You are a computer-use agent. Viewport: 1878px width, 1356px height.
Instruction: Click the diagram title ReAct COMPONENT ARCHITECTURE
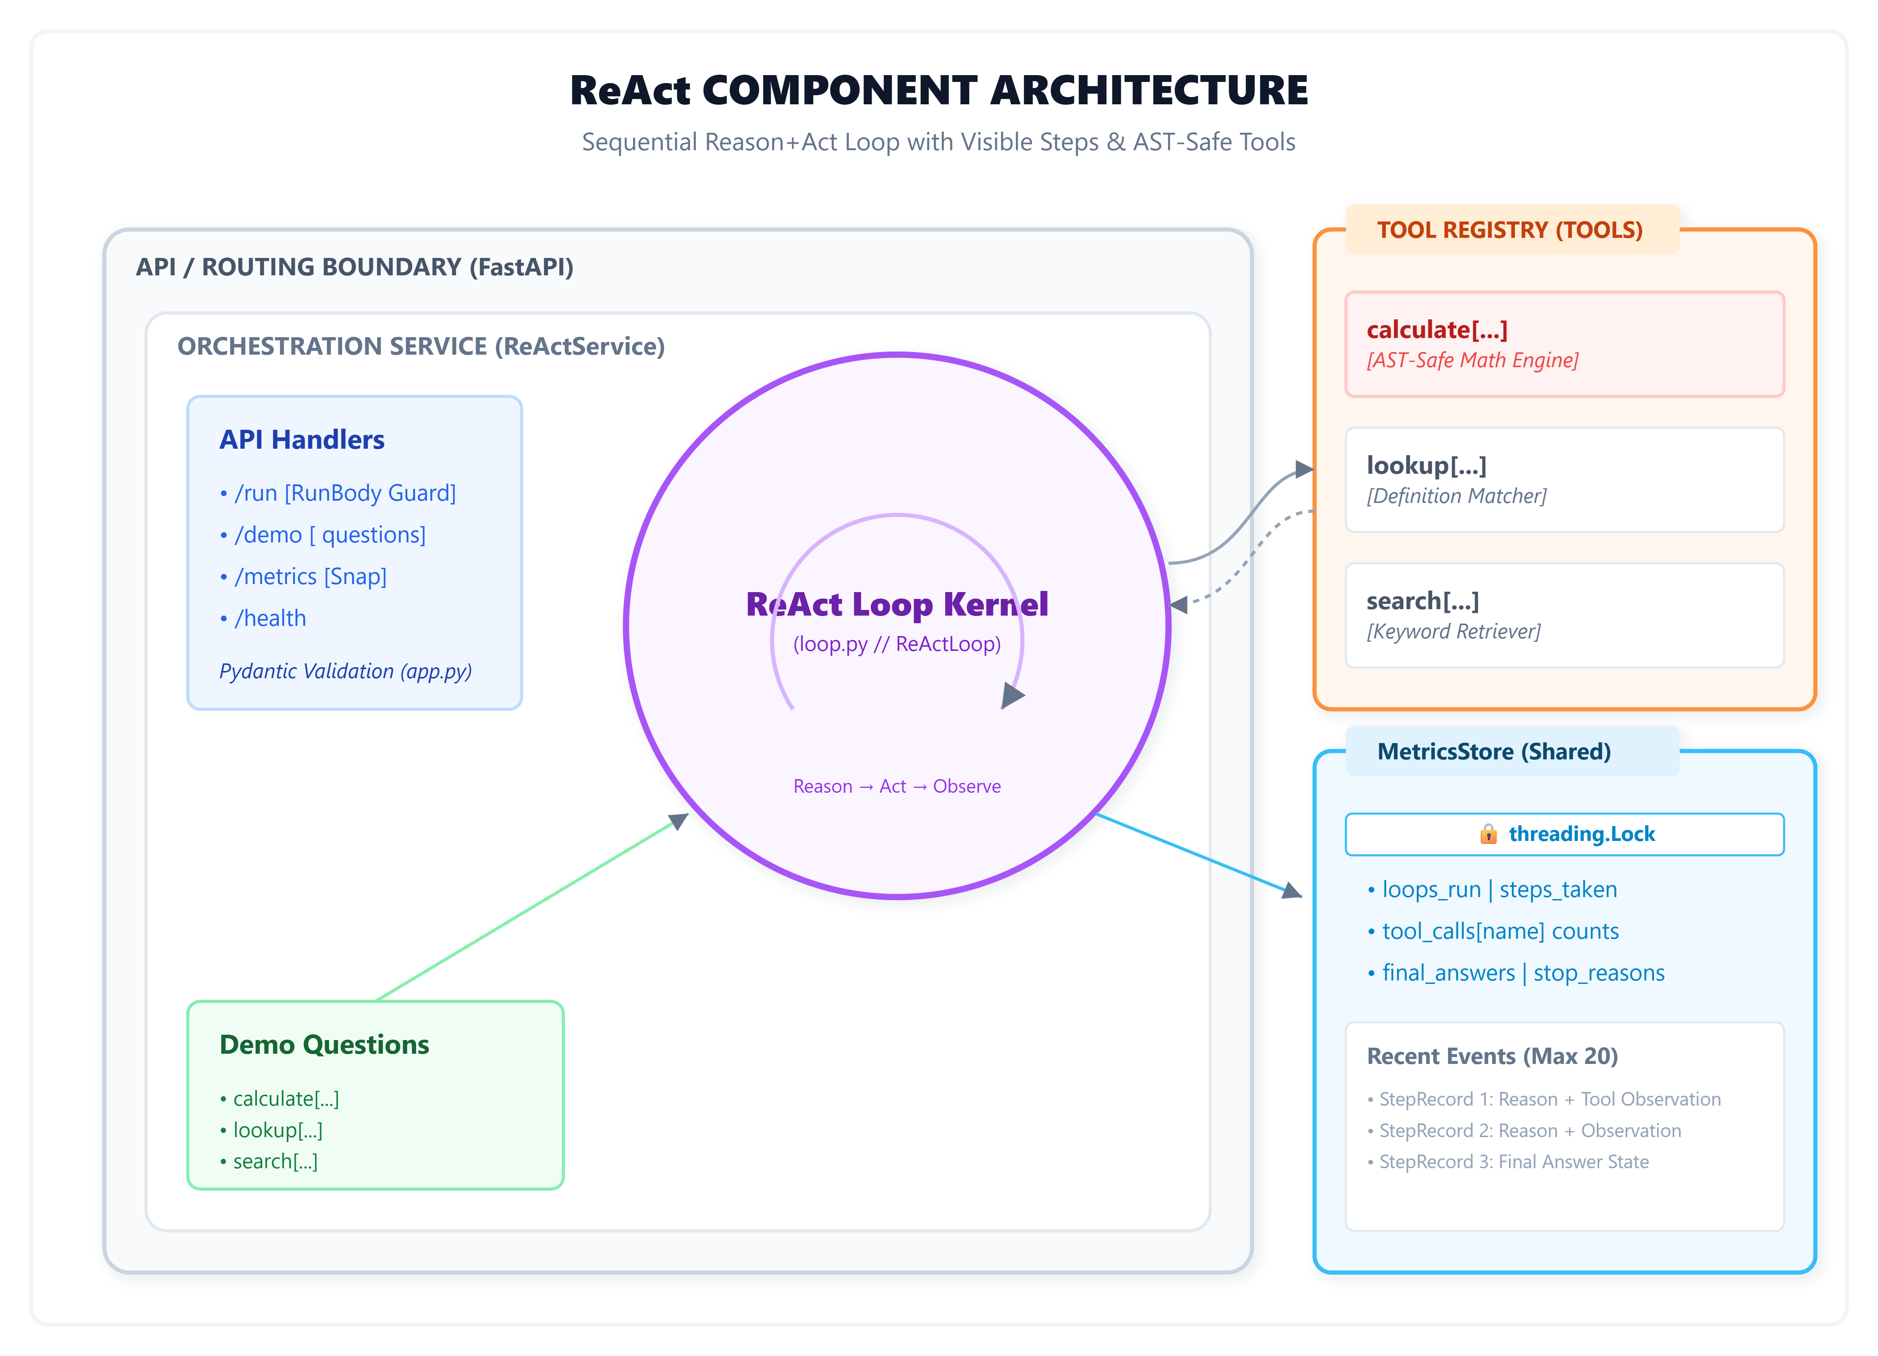939,90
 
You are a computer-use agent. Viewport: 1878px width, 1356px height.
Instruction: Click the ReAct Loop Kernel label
897,604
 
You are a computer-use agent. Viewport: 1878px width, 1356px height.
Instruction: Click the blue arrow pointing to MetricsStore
1199,855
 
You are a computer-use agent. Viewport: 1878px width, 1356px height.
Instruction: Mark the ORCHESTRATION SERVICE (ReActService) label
421,346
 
